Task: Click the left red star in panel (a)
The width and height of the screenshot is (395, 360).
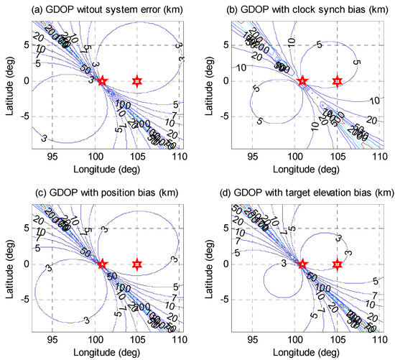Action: point(102,80)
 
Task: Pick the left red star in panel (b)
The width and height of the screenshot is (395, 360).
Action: point(302,80)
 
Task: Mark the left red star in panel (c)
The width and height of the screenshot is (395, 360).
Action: point(102,264)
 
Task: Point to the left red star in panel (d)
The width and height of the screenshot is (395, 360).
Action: point(302,264)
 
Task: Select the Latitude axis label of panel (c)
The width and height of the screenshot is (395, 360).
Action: point(8,264)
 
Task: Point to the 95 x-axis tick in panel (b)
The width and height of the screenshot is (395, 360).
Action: point(251,154)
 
